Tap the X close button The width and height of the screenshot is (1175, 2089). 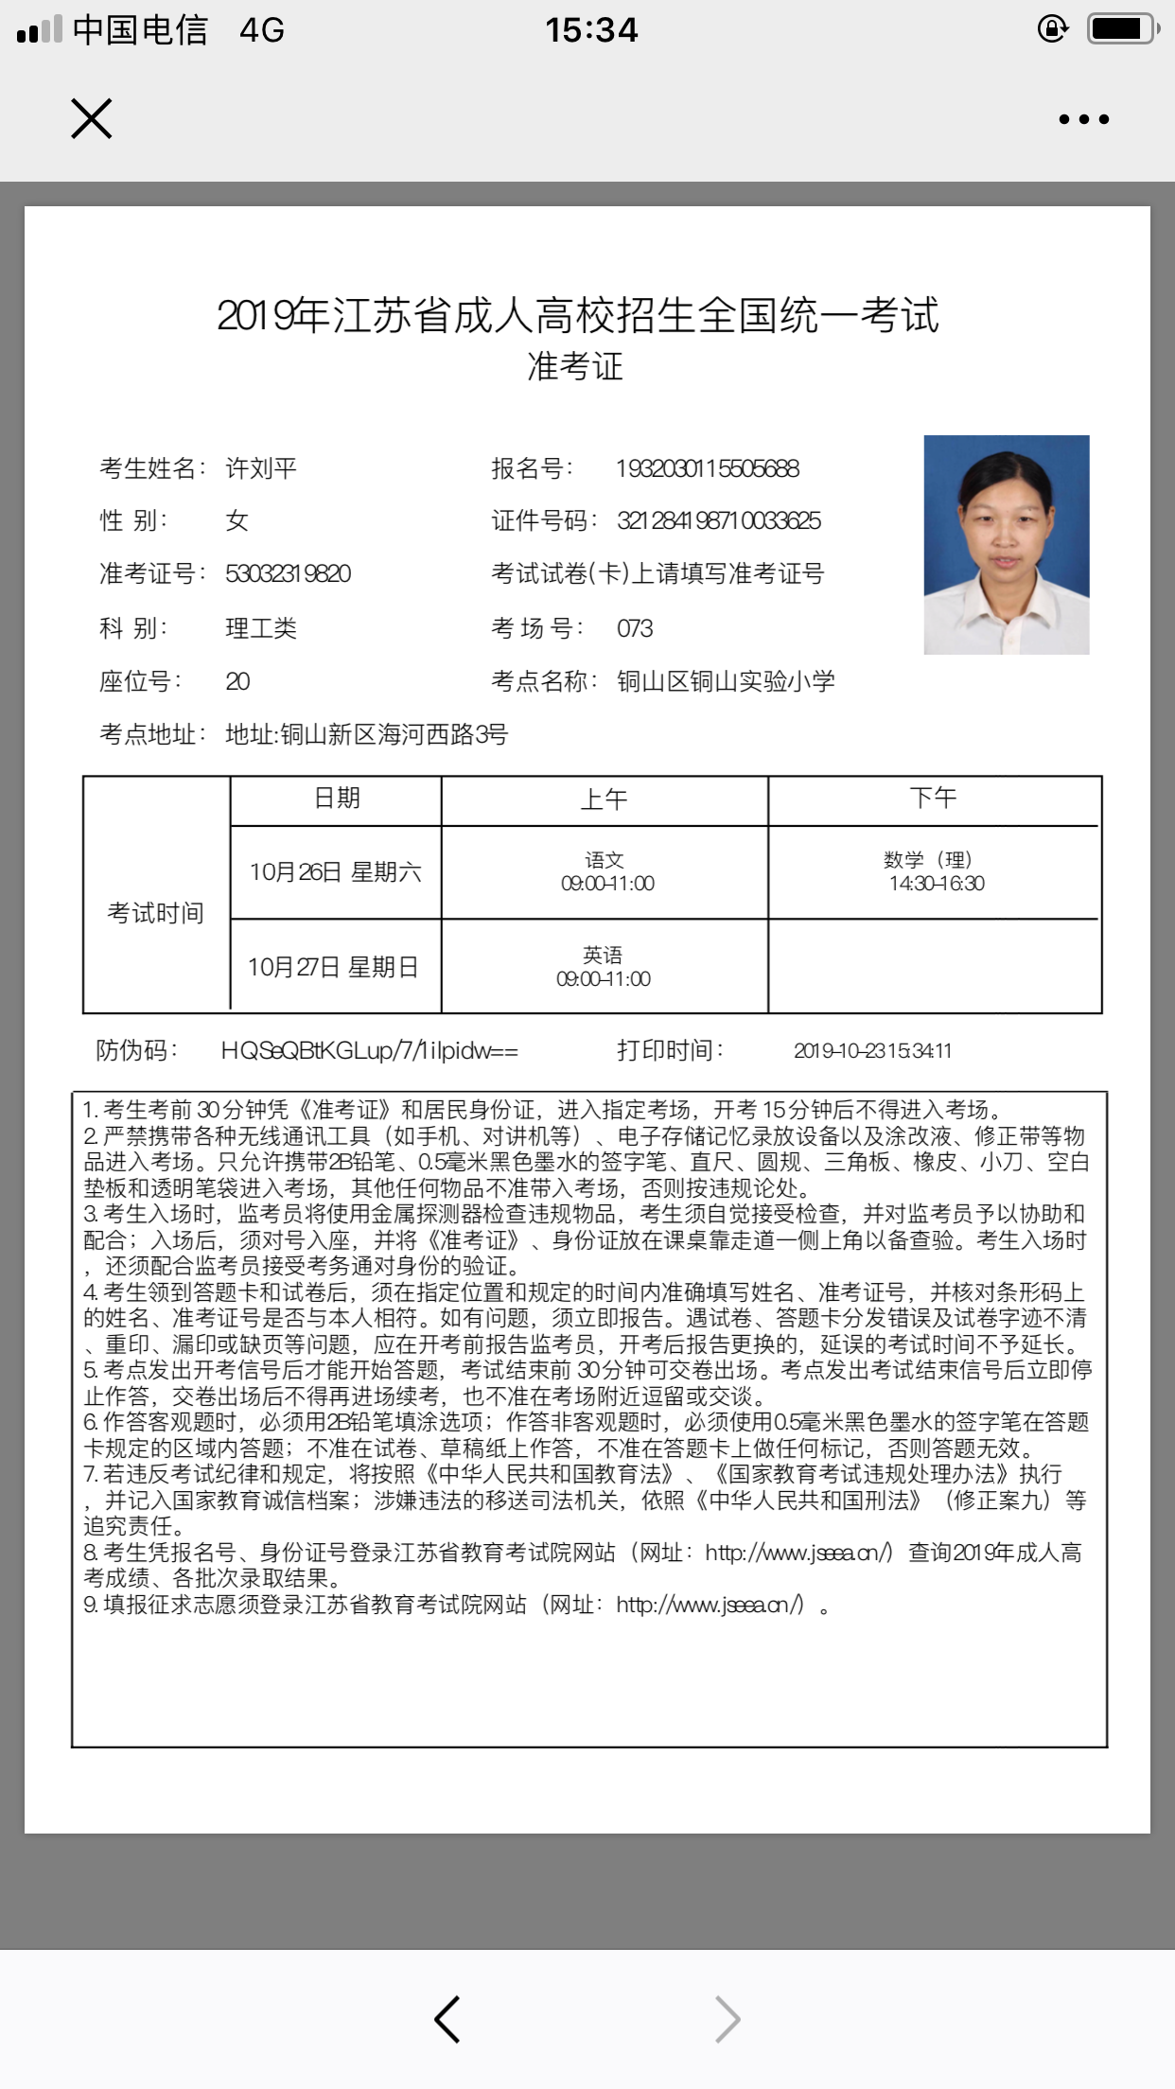point(92,119)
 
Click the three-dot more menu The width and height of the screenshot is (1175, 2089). point(1083,119)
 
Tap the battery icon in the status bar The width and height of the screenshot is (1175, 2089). point(1123,29)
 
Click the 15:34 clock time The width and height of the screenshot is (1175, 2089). point(591,30)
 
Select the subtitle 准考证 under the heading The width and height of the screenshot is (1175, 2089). point(575,367)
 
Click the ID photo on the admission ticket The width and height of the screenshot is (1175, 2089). point(1006,544)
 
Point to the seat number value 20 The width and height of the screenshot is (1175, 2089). point(237,681)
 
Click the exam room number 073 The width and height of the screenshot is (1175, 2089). point(635,628)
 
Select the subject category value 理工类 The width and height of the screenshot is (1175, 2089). point(260,628)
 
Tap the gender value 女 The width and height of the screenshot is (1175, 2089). point(237,520)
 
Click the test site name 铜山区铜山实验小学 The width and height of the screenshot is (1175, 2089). point(726,681)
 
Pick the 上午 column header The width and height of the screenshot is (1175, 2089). point(604,799)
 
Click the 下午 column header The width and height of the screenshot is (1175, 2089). point(933,799)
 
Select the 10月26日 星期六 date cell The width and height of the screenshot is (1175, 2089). point(335,872)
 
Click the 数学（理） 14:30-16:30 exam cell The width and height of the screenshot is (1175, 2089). point(935,871)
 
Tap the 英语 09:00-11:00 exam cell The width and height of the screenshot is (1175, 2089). point(604,966)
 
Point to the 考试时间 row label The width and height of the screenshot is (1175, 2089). point(156,913)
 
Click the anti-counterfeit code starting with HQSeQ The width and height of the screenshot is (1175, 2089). point(369,1050)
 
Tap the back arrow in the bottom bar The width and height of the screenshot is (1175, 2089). point(447,2019)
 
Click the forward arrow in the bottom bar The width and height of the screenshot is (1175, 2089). point(727,2019)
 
